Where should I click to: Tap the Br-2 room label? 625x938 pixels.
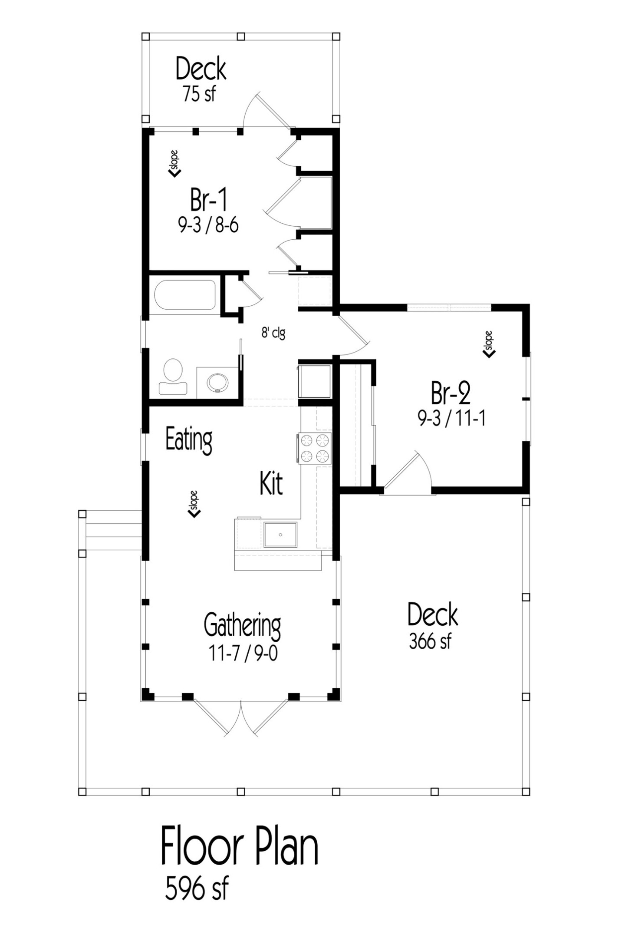pyautogui.click(x=451, y=393)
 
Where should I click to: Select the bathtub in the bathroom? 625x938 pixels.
pyautogui.click(x=185, y=295)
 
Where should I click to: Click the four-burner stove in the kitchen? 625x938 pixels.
pyautogui.click(x=315, y=448)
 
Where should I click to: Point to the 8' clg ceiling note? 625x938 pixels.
pyautogui.click(x=273, y=333)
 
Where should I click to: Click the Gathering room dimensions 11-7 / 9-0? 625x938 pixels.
pyautogui.click(x=243, y=654)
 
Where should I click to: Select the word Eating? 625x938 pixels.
pyautogui.click(x=189, y=440)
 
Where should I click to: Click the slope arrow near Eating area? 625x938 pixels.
pyautogui.click(x=194, y=504)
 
